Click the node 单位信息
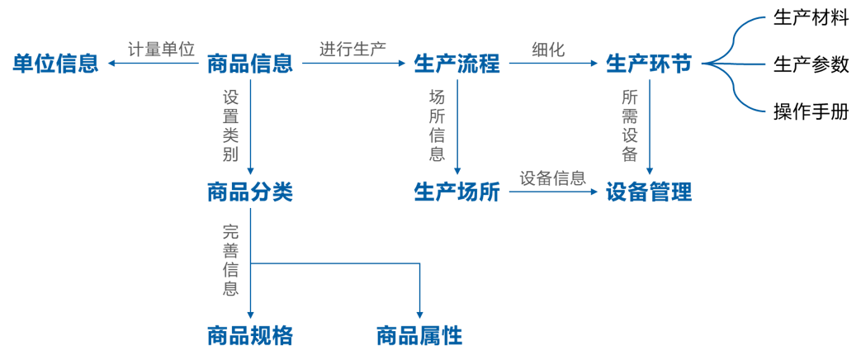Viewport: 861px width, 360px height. (x=55, y=64)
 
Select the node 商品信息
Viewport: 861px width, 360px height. (x=249, y=64)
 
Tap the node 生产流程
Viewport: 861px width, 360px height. (x=457, y=64)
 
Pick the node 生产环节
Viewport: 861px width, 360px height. (x=649, y=64)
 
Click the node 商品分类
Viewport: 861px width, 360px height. (x=249, y=193)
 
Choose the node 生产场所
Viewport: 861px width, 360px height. (x=457, y=193)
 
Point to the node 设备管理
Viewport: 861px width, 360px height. (x=649, y=193)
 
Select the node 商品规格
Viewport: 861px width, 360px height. (x=249, y=336)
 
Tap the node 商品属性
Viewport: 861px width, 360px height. (x=419, y=336)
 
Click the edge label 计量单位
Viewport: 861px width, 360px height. (x=161, y=49)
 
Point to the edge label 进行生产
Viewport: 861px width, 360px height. (x=353, y=49)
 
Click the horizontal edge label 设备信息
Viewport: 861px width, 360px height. (x=552, y=178)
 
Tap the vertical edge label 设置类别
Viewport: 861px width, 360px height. (x=230, y=126)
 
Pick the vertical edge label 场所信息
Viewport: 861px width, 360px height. (x=438, y=126)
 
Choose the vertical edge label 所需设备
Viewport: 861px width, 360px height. (x=630, y=126)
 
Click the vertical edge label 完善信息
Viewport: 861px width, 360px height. (x=230, y=260)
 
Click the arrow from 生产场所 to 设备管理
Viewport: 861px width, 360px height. (x=553, y=192)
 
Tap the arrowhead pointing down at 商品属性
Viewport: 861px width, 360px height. (x=420, y=317)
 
